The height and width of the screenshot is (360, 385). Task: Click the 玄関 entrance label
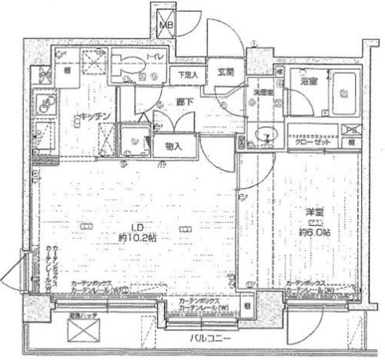point(226,72)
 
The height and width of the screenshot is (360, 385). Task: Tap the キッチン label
point(90,117)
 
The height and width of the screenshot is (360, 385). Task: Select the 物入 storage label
point(174,146)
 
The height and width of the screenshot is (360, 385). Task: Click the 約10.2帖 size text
point(138,237)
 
